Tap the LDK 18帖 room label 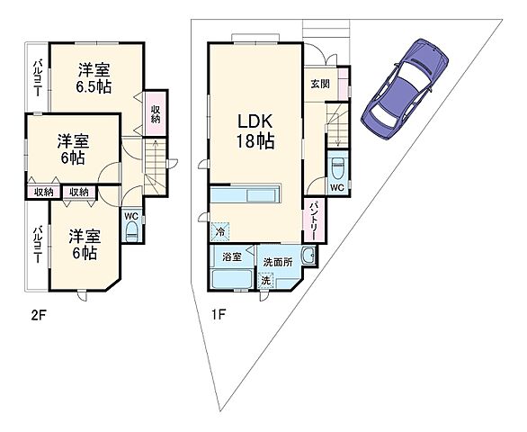pos(255,131)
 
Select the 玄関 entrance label pos(321,84)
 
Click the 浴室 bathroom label pos(231,257)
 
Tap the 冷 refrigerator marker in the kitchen pos(221,231)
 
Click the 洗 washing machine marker pos(266,280)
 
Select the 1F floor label pos(219,314)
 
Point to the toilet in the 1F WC pos(336,170)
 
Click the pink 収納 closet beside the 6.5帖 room pos(155,114)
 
